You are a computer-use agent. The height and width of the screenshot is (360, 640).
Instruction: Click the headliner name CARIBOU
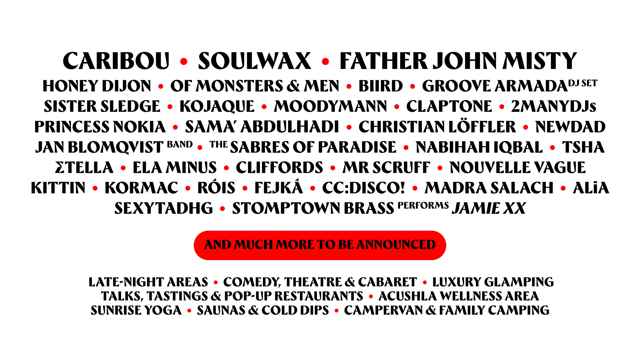[x=116, y=61]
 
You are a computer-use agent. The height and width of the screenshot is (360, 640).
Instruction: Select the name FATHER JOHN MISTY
[x=458, y=61]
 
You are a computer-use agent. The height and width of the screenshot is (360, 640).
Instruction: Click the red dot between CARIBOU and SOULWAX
[x=184, y=61]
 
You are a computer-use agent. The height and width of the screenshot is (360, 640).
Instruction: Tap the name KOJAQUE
[x=217, y=106]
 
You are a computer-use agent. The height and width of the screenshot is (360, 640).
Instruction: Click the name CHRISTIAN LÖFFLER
[x=437, y=127]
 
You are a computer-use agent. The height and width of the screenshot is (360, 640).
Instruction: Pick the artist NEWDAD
[x=570, y=127]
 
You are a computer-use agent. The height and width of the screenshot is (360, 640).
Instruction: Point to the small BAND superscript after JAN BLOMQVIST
[x=180, y=145]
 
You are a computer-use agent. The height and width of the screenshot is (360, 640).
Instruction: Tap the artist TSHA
[x=583, y=147]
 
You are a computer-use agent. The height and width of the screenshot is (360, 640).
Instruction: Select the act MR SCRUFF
[x=386, y=168]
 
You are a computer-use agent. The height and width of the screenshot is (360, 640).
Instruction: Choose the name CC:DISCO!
[x=364, y=188]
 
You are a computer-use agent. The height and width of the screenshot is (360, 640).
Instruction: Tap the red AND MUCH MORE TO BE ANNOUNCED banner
[x=320, y=245]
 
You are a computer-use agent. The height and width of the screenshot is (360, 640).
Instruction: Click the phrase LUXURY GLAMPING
[x=493, y=282]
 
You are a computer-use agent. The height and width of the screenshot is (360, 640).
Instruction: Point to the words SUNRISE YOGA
[x=136, y=310]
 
